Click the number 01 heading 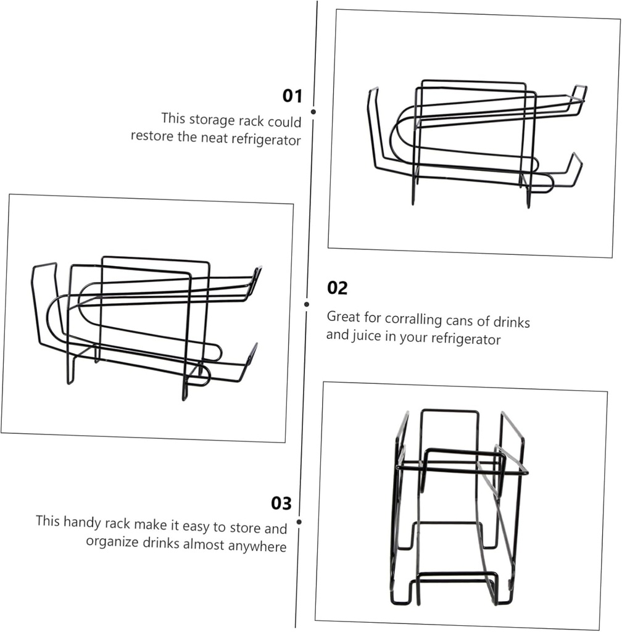(292, 96)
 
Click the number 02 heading (338, 288)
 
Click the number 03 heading (281, 503)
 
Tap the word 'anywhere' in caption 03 (262, 546)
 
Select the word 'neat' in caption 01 (214, 138)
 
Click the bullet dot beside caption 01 (313, 112)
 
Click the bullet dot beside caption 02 (307, 304)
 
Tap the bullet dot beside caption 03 (299, 522)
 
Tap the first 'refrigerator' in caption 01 (266, 140)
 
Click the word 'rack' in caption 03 (117, 523)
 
